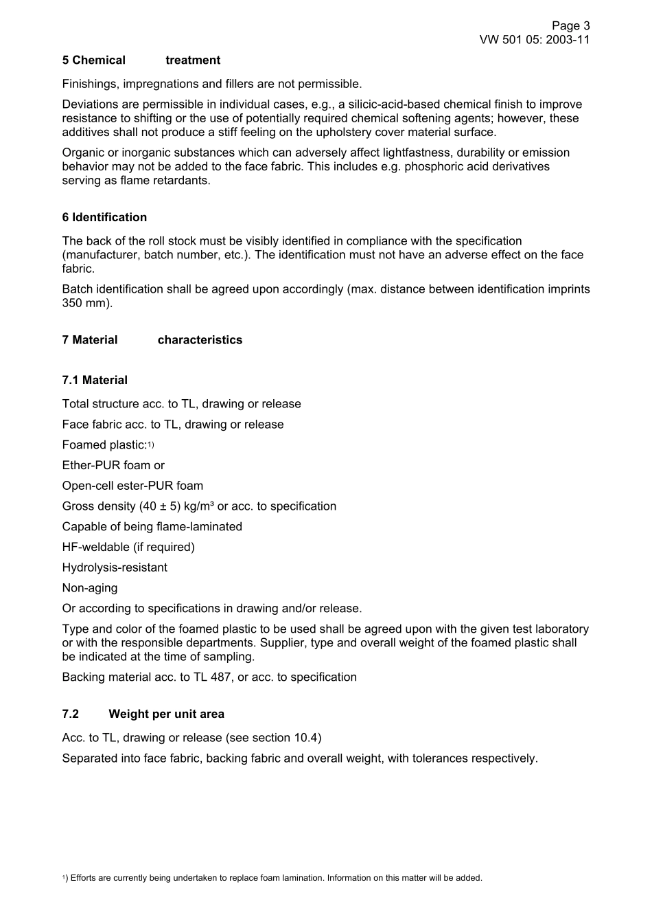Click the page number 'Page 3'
pyautogui.click(x=570, y=25)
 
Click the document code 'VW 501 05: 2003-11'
pyautogui.click(x=534, y=39)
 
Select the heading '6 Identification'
pyautogui.click(x=104, y=217)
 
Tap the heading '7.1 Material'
pyautogui.click(x=95, y=380)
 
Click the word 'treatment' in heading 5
pyautogui.click(x=193, y=60)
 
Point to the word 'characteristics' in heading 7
pyautogui.click(x=200, y=339)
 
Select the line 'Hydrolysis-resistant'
pyautogui.click(x=115, y=567)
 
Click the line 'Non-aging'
pyautogui.click(x=90, y=588)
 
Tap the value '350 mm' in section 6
pyautogui.click(x=85, y=303)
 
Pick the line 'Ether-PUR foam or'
pyautogui.click(x=113, y=465)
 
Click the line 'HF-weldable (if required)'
pyautogui.click(x=128, y=547)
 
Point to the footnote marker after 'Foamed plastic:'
pyautogui.click(x=151, y=444)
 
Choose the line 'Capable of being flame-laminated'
pyautogui.click(x=152, y=526)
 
